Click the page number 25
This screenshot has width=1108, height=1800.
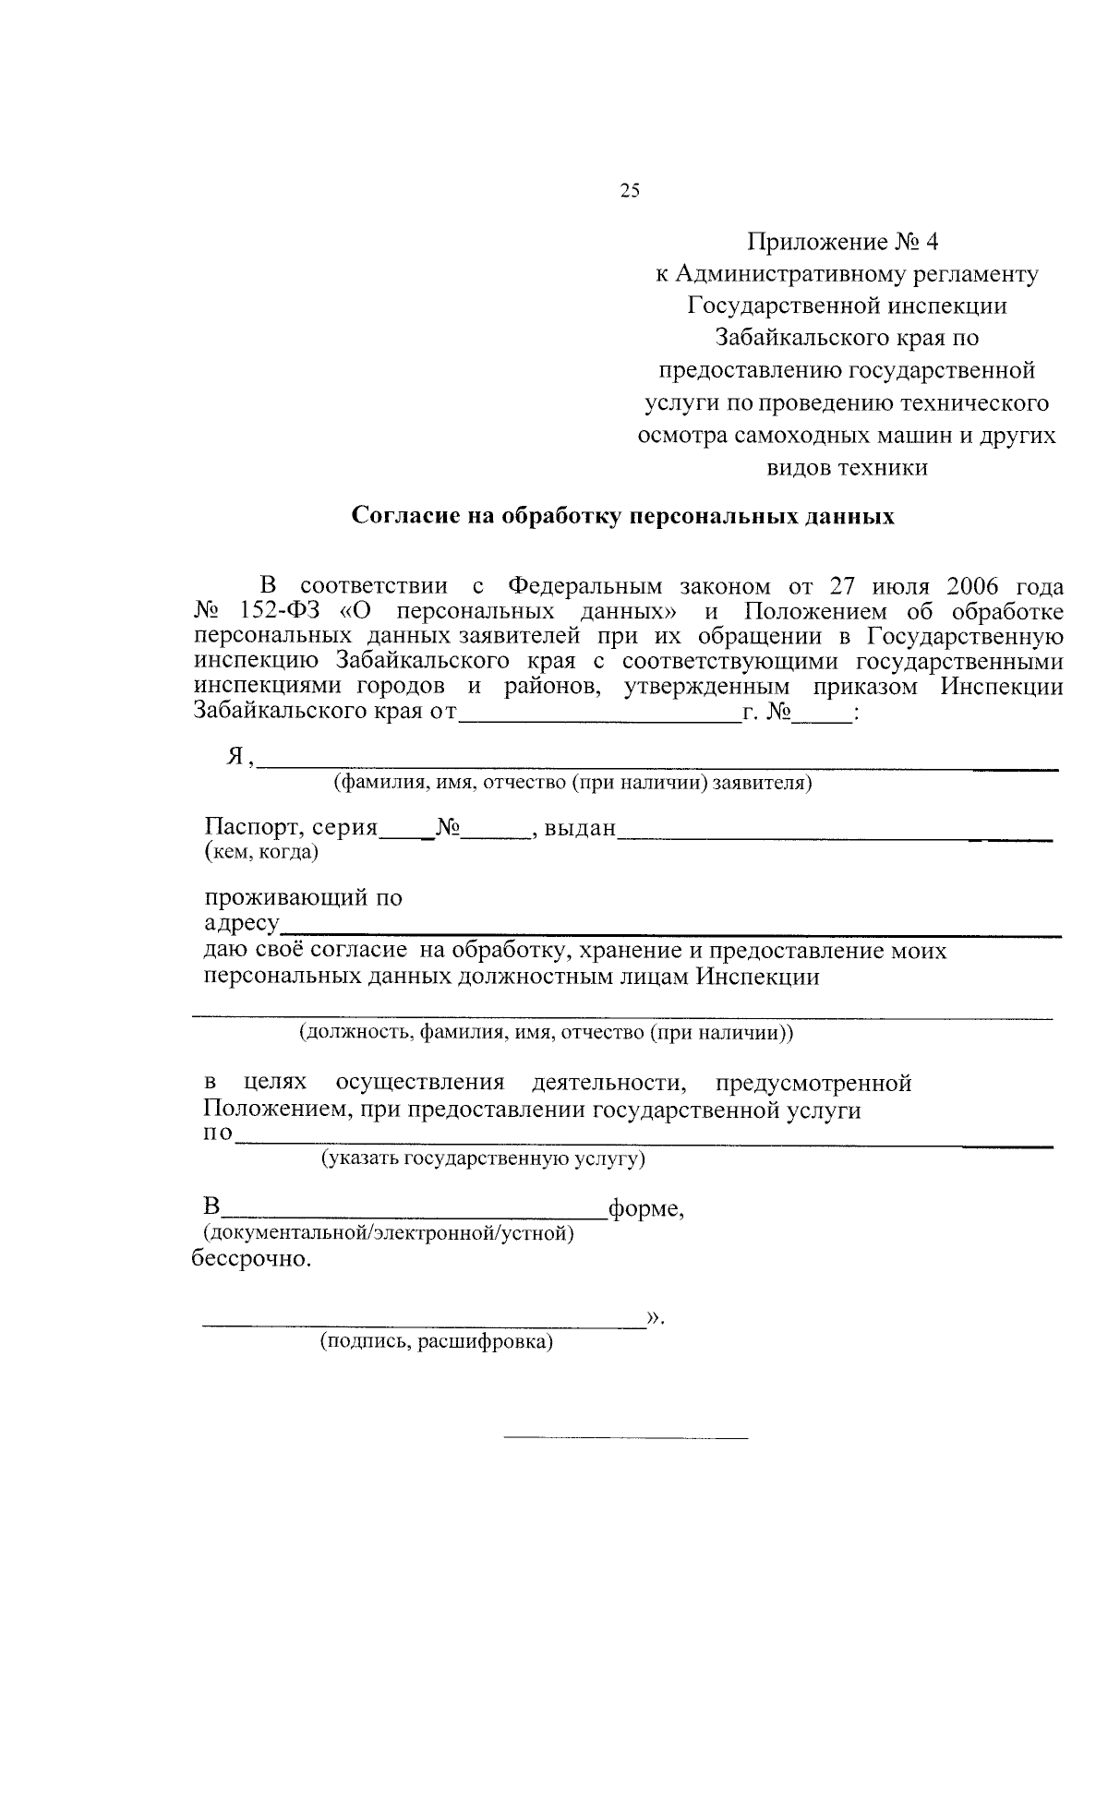[630, 191]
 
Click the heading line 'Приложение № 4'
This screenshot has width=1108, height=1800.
[842, 242]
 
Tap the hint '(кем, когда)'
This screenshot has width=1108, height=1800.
[260, 852]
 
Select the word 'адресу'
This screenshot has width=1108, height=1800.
[241, 924]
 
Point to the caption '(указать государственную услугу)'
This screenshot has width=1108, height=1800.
[482, 1158]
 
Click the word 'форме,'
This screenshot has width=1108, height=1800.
[645, 1208]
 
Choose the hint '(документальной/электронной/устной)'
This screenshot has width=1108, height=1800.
[388, 1232]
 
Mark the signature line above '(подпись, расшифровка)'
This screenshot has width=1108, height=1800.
[425, 1326]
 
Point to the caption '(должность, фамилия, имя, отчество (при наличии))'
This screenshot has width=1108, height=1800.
[545, 1032]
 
